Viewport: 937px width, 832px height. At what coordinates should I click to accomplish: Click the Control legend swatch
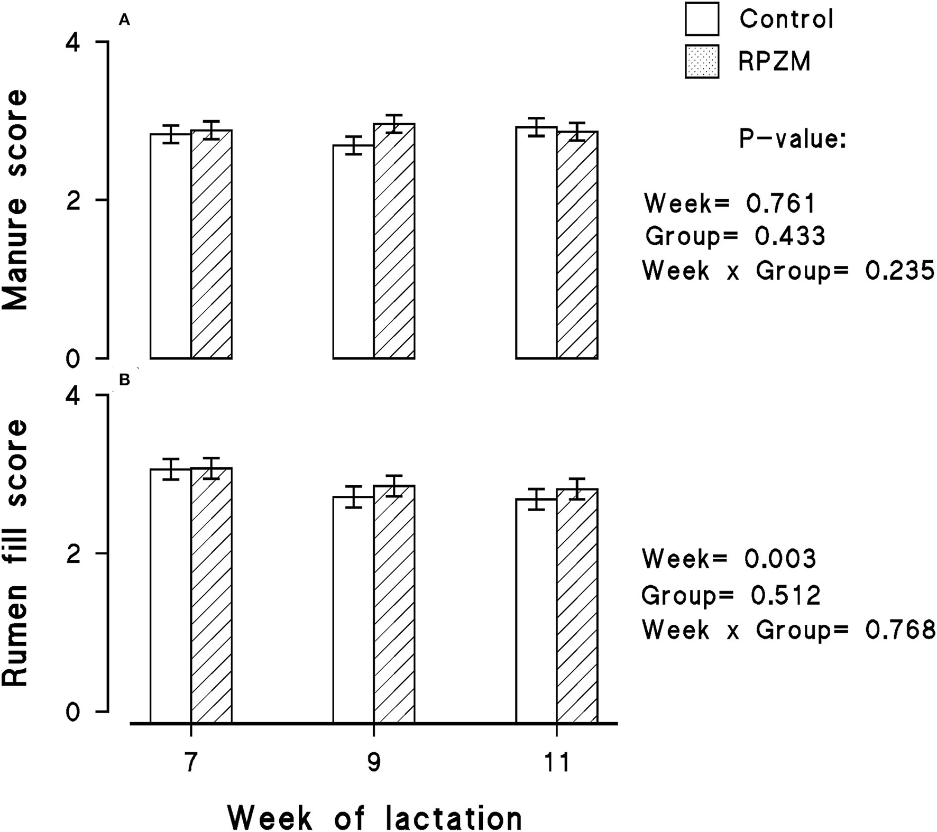702,19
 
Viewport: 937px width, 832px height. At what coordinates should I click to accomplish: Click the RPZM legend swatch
702,62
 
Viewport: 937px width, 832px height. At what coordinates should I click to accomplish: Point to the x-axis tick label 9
374,762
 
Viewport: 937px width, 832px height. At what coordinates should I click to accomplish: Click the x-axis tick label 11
556,762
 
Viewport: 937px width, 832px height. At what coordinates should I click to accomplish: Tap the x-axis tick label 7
191,762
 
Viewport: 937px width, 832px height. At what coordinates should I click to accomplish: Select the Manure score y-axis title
15,200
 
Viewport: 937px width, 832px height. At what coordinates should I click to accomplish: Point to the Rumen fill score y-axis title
15,553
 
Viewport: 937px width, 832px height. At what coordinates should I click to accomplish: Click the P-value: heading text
792,140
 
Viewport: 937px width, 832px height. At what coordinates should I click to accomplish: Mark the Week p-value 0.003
781,559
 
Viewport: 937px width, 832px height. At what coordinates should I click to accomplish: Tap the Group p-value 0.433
789,236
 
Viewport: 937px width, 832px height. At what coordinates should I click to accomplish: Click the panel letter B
125,380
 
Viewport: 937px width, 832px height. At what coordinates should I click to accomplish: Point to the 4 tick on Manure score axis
73,43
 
